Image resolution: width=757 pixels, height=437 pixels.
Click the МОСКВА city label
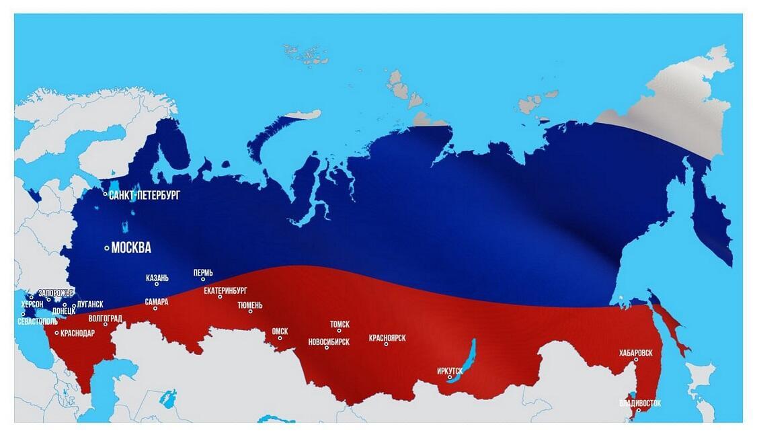(131, 248)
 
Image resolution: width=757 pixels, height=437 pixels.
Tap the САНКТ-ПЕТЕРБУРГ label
(145, 195)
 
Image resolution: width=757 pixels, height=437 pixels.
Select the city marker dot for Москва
(107, 248)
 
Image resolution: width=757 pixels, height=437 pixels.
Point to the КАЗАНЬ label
(157, 278)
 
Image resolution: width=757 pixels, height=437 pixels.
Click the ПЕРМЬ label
(203, 273)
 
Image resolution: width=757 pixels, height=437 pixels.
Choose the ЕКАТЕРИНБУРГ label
(226, 290)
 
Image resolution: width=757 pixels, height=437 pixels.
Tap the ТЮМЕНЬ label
(250, 305)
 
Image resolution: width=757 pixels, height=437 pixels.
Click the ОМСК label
(280, 331)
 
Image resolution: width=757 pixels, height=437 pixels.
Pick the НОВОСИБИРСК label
(329, 342)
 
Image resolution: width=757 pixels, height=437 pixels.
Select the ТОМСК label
(340, 324)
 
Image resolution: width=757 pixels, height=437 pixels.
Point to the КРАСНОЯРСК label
(387, 338)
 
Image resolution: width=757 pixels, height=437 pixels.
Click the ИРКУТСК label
(450, 370)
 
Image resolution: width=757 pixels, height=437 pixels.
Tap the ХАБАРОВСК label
(635, 353)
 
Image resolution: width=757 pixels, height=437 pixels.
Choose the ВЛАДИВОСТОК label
(640, 403)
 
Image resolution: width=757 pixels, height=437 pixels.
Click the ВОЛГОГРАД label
(106, 318)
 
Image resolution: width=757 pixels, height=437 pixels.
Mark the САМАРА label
(157, 303)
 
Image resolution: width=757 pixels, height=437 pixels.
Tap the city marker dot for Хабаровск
(636, 360)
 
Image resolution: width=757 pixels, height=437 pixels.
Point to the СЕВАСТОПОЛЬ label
(38, 321)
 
